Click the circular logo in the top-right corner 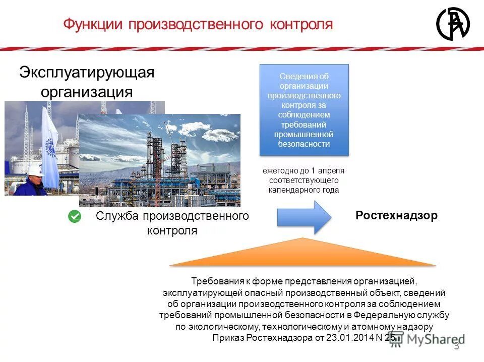pyautogui.click(x=452, y=23)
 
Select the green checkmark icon pyautogui.click(x=75, y=217)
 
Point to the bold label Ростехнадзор pyautogui.click(x=396, y=216)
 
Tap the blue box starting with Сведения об pyautogui.click(x=304, y=109)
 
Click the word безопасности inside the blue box pyautogui.click(x=304, y=144)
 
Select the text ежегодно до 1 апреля pyautogui.click(x=304, y=171)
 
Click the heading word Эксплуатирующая pyautogui.click(x=87, y=72)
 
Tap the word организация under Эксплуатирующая pyautogui.click(x=87, y=92)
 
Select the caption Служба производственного pyautogui.click(x=172, y=216)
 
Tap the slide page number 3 pyautogui.click(x=456, y=346)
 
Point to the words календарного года pyautogui.click(x=304, y=190)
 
